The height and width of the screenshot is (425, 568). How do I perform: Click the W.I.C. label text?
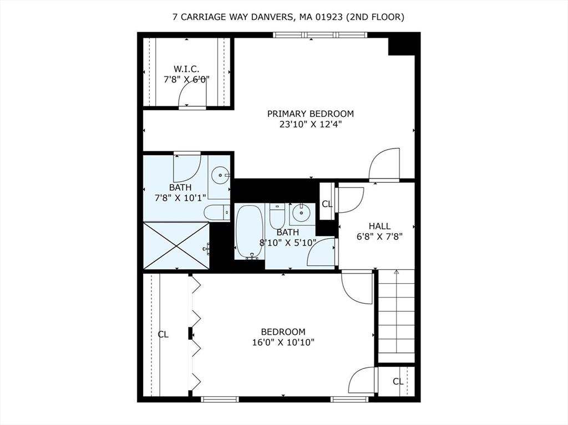click(186, 69)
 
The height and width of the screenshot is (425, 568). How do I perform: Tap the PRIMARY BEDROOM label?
click(310, 114)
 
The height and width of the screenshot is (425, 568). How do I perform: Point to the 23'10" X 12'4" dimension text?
click(310, 125)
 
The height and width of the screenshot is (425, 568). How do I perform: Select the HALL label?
click(379, 226)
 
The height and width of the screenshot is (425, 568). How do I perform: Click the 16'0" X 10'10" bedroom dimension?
click(283, 342)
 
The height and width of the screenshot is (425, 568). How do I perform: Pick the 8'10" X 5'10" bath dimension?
click(288, 242)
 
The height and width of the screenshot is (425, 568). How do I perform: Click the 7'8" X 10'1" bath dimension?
click(180, 198)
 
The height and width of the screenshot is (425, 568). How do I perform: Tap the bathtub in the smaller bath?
click(249, 231)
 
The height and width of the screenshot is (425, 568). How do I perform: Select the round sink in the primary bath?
click(221, 176)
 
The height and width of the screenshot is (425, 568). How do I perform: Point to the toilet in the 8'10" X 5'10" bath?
click(277, 215)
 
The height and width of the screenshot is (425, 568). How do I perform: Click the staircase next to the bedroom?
click(396, 316)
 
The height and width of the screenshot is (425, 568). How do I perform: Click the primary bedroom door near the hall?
click(384, 165)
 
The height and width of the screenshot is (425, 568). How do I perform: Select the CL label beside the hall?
click(327, 204)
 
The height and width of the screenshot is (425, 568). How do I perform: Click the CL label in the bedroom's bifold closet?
click(163, 334)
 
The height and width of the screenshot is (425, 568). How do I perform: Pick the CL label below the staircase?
click(398, 381)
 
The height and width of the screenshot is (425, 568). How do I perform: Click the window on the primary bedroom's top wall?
click(320, 35)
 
